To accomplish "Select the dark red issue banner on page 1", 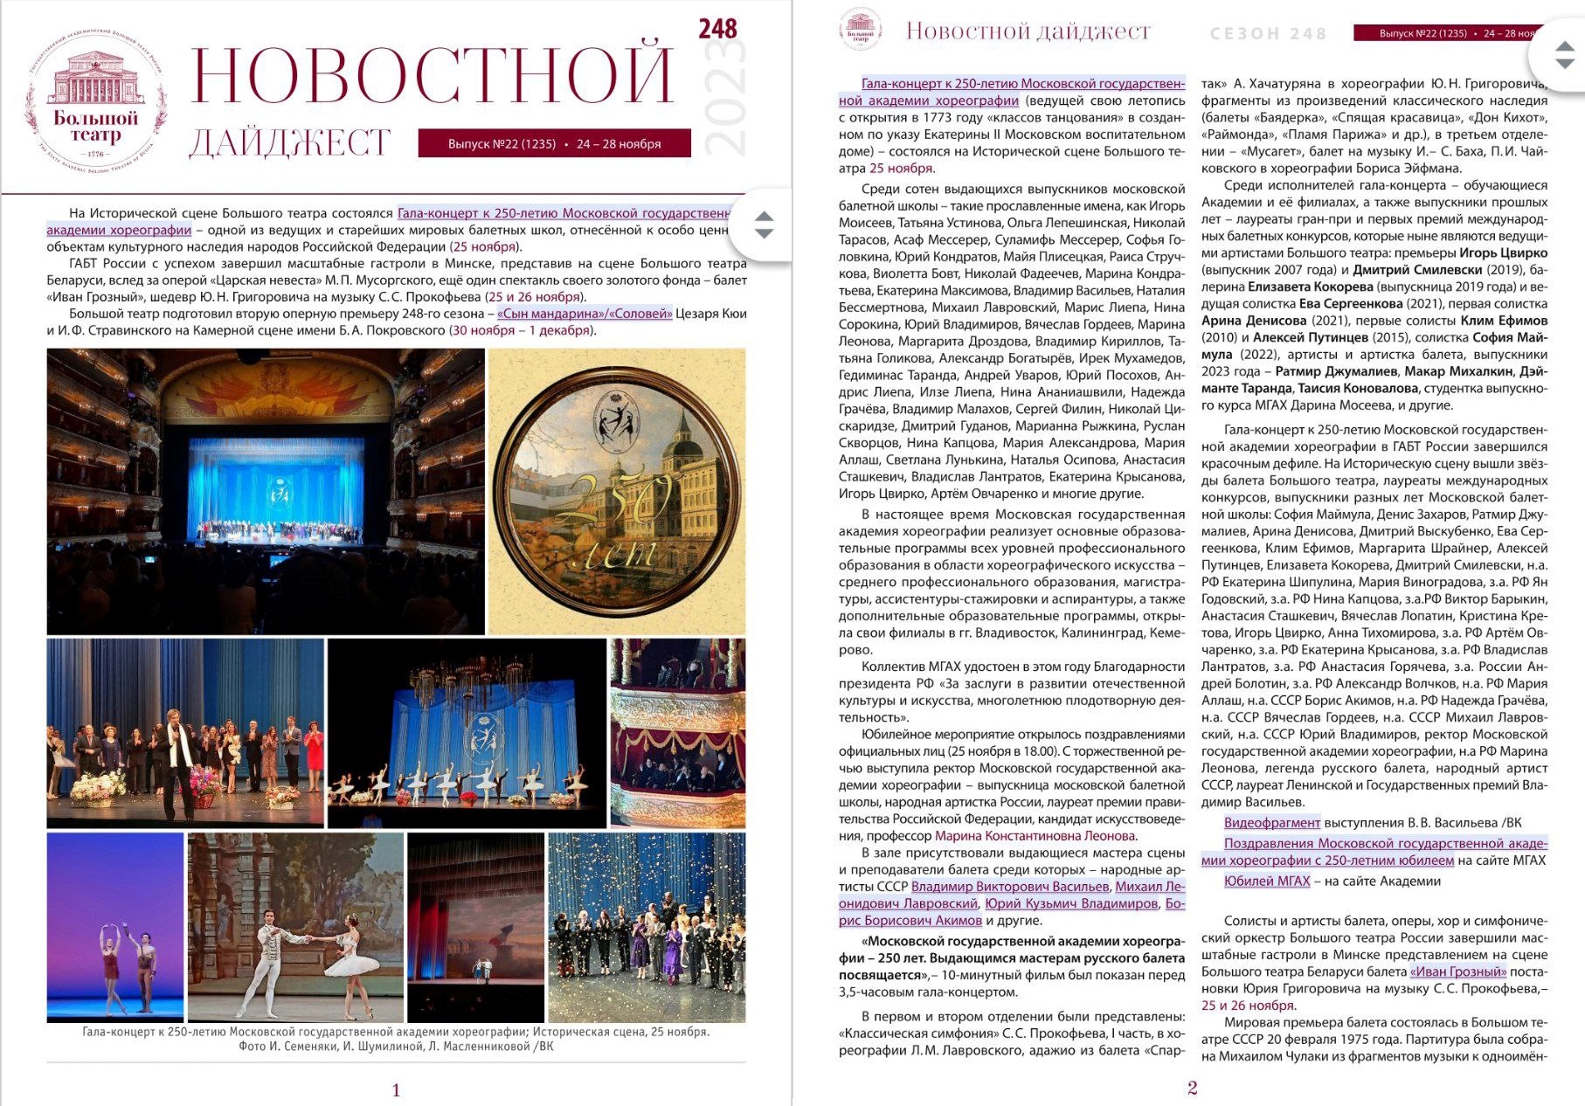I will point(554,143).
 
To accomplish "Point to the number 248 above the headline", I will point(717,29).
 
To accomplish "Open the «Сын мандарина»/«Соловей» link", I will point(585,314).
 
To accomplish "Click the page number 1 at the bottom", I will point(396,1089).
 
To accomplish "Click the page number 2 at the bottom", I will point(1192,1088).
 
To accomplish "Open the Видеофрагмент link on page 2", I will point(1271,823).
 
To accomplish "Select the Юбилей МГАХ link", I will point(1266,881).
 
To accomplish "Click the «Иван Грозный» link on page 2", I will point(1458,971).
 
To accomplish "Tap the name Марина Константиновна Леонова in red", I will point(1035,836).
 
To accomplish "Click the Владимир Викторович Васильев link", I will point(1009,887).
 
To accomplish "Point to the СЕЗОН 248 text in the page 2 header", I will point(1268,34).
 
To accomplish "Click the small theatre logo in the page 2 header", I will point(860,29).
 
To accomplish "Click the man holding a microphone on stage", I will point(180,751).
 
